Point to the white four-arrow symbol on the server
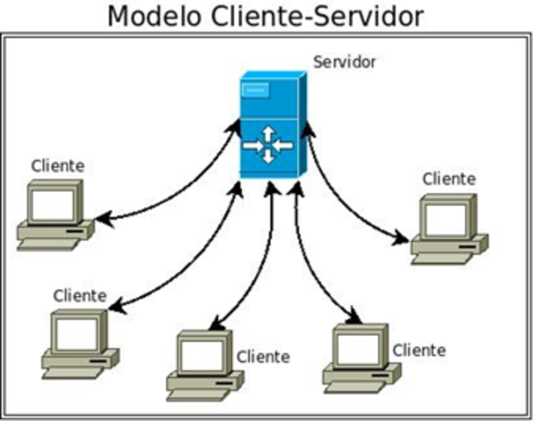[268, 145]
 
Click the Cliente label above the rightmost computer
[448, 179]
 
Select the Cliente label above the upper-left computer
[58, 165]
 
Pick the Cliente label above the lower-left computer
[80, 296]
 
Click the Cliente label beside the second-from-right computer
[419, 350]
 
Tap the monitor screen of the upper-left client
[53, 204]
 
